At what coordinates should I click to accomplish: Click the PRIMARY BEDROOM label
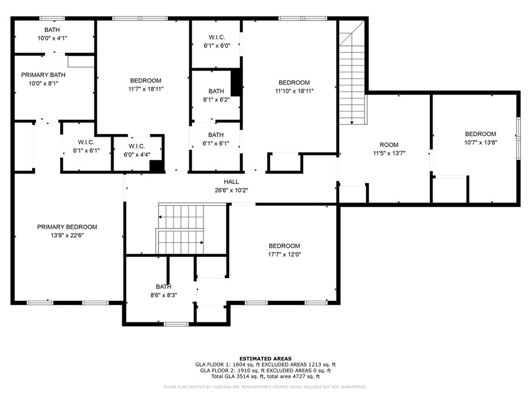pyautogui.click(x=67, y=227)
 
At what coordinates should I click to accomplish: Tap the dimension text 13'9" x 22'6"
pyautogui.click(x=67, y=235)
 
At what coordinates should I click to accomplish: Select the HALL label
pyautogui.click(x=231, y=182)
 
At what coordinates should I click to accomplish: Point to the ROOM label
pyautogui.click(x=389, y=145)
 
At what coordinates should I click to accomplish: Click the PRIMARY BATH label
pyautogui.click(x=44, y=75)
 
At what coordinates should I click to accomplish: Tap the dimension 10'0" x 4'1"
pyautogui.click(x=52, y=38)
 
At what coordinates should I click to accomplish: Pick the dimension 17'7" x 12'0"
pyautogui.click(x=285, y=254)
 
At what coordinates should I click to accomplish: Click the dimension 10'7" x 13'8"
pyautogui.click(x=481, y=142)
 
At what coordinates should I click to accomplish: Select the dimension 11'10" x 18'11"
pyautogui.click(x=295, y=91)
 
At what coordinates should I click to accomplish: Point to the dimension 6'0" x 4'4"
pyautogui.click(x=137, y=154)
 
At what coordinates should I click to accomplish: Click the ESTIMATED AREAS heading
pyautogui.click(x=265, y=359)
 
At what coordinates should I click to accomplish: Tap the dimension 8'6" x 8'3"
pyautogui.click(x=164, y=295)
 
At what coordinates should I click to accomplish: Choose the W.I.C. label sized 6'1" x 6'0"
pyautogui.click(x=217, y=37)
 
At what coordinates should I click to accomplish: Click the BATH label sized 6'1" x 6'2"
pyautogui.click(x=216, y=91)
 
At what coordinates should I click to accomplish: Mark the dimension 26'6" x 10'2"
pyautogui.click(x=231, y=190)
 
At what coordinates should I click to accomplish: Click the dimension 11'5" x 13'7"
pyautogui.click(x=389, y=153)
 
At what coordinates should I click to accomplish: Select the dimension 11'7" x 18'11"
pyautogui.click(x=146, y=89)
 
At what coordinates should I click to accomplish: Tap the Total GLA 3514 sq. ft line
pyautogui.click(x=265, y=376)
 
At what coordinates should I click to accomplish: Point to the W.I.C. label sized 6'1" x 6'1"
pyautogui.click(x=87, y=142)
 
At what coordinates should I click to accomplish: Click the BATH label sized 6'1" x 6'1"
pyautogui.click(x=216, y=135)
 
